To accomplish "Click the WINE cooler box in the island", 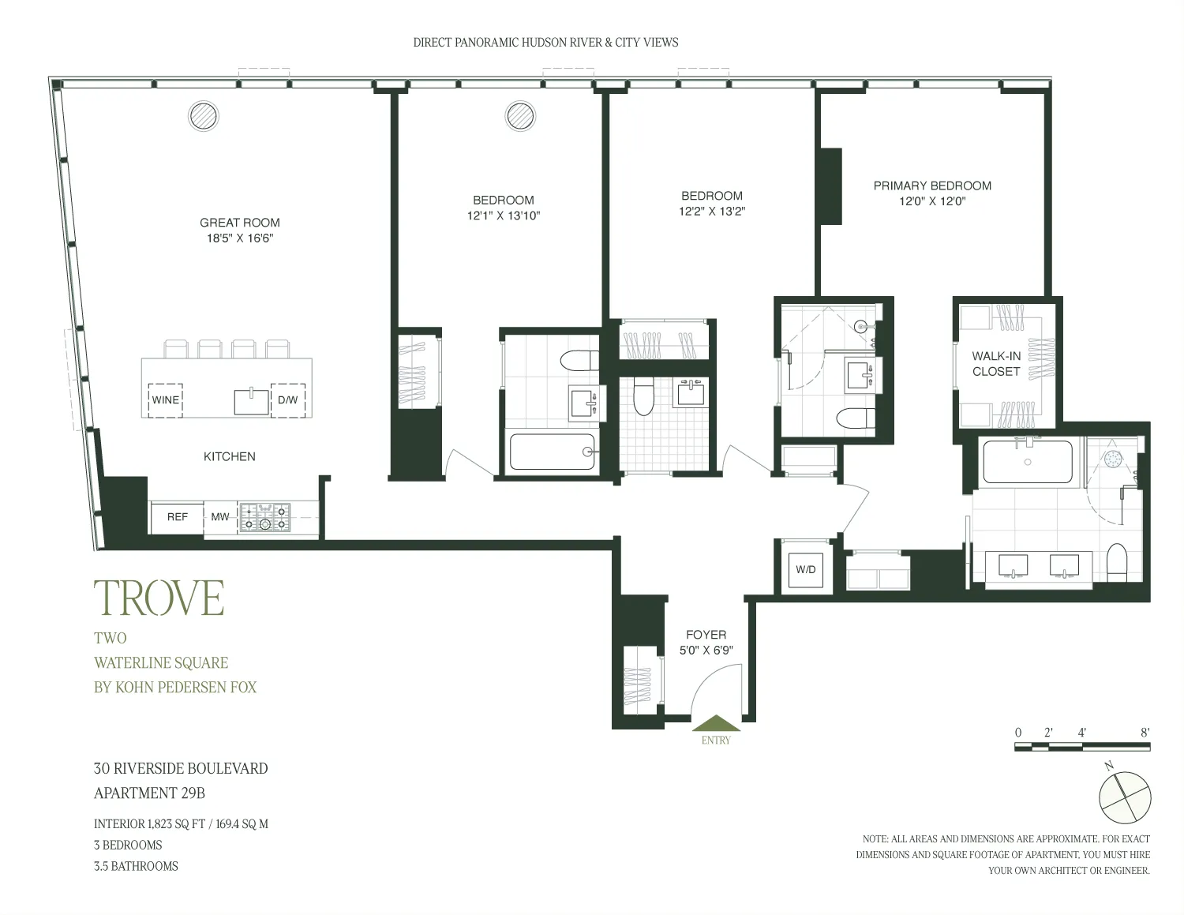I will point(166,400).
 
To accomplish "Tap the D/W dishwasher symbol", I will point(288,400).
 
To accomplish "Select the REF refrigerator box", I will point(178,517).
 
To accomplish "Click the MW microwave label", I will point(220,517).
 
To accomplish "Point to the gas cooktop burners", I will point(265,517).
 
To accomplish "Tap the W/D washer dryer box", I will point(806,569).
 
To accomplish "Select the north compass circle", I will point(1125,797).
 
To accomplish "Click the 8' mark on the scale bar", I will point(1145,733).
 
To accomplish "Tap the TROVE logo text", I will point(159,598).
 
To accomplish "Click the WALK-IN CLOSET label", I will point(996,364).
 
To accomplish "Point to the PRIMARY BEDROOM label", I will point(932,186).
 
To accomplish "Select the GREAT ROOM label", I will point(240,223).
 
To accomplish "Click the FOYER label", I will point(706,635).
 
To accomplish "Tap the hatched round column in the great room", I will point(204,116).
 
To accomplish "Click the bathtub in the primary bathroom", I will point(1028,462).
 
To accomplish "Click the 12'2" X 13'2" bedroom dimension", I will point(712,212).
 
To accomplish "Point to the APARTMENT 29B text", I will point(149,793).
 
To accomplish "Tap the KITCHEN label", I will point(230,456).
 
